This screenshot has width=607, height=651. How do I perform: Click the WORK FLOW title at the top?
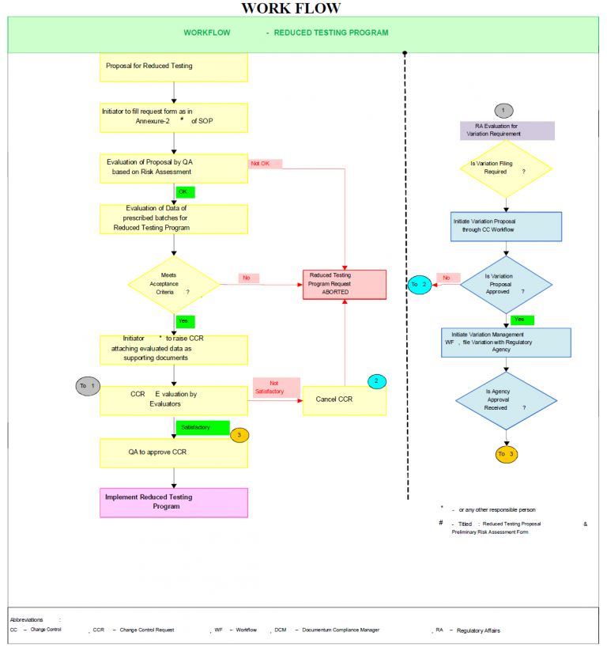[290, 9]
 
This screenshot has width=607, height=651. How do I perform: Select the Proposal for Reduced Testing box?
[174, 67]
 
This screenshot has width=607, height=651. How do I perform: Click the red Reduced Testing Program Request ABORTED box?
[345, 284]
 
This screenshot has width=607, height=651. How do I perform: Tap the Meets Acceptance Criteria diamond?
[174, 285]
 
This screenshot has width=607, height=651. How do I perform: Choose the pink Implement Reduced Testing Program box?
[174, 502]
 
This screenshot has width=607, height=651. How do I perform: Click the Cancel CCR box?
[345, 399]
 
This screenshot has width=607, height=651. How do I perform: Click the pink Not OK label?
[265, 164]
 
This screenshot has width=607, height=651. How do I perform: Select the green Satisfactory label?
[202, 427]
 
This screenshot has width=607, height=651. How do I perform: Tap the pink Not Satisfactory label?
[276, 388]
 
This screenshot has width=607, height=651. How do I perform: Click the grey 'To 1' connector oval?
[88, 386]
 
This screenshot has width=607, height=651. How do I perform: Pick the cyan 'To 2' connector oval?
[420, 284]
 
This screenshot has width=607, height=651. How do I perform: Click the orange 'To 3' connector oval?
[507, 454]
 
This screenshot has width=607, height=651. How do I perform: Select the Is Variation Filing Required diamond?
[505, 169]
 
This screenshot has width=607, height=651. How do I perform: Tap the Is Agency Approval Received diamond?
[506, 402]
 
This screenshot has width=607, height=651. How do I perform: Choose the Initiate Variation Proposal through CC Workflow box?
[506, 226]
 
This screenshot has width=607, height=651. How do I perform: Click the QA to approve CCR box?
[174, 453]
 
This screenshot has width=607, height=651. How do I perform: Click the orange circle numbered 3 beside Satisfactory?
[239, 435]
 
